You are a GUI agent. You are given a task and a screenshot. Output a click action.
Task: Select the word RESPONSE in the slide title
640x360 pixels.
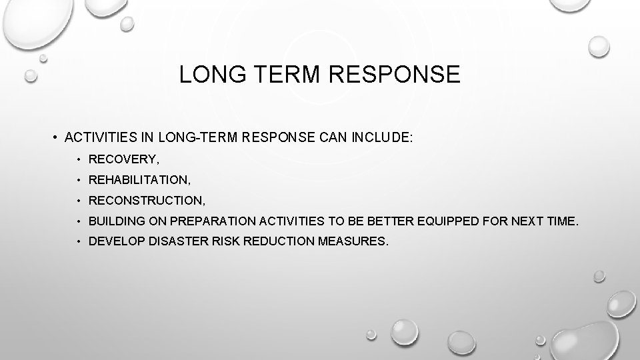point(393,75)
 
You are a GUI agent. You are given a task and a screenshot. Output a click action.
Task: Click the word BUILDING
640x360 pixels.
point(113,220)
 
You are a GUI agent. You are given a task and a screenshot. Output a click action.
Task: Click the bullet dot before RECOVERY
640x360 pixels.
point(79,161)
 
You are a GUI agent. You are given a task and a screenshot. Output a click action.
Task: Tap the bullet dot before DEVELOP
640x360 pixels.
point(79,241)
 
